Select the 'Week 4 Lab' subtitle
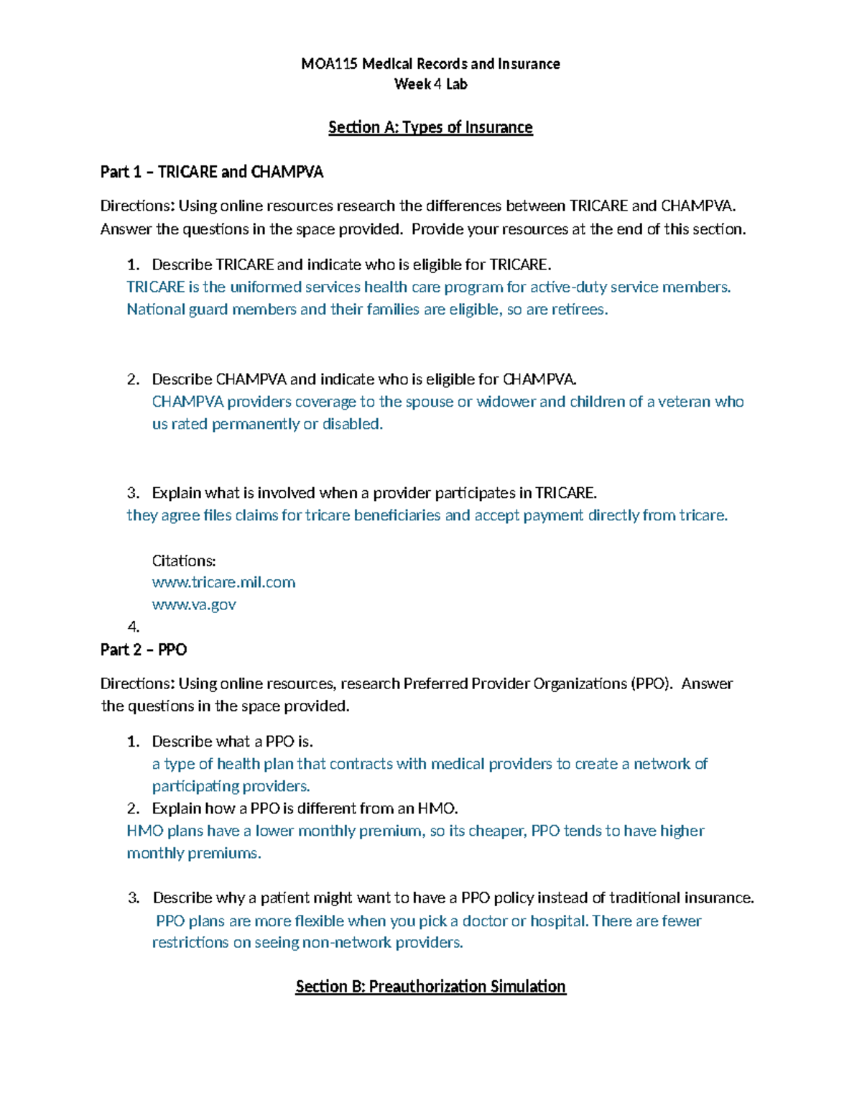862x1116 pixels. click(x=430, y=84)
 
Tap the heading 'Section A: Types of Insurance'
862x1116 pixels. click(x=430, y=127)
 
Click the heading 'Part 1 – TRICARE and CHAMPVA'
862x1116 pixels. click(x=212, y=172)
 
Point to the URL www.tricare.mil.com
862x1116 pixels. click(x=223, y=582)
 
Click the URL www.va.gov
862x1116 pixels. click(x=194, y=604)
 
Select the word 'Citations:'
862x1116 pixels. click(x=184, y=561)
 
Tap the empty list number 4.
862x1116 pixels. click(x=133, y=627)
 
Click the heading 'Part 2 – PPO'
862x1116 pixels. click(x=144, y=650)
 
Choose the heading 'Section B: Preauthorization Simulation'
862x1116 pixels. click(x=430, y=986)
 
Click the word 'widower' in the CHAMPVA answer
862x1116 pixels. click(x=505, y=402)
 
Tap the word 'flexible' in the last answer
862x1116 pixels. click(x=320, y=921)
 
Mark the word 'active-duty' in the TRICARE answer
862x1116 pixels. click(x=567, y=287)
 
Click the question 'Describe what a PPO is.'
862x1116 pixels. click(x=232, y=741)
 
